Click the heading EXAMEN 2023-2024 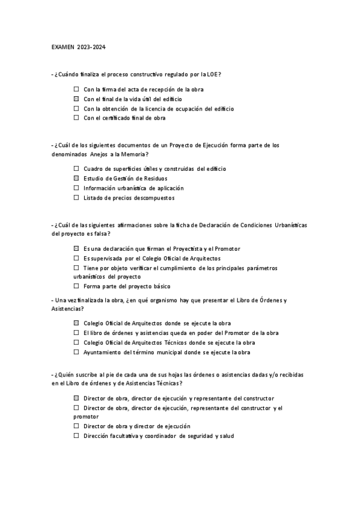pyautogui.click(x=78, y=46)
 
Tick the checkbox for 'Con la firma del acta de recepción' pyautogui.click(x=76, y=89)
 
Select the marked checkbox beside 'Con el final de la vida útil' pyautogui.click(x=76, y=99)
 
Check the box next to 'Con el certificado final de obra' pyautogui.click(x=76, y=118)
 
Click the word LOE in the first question pyautogui.click(x=212, y=74)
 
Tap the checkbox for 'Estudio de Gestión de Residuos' pyautogui.click(x=76, y=179)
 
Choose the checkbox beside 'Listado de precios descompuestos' pyautogui.click(x=76, y=197)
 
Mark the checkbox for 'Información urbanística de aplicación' pyautogui.click(x=76, y=188)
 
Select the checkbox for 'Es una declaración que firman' pyautogui.click(x=76, y=248)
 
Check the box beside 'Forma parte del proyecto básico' pyautogui.click(x=76, y=286)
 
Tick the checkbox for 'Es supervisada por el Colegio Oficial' pyautogui.click(x=76, y=257)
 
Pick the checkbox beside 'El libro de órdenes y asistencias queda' pyautogui.click(x=76, y=333)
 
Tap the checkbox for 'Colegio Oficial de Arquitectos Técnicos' pyautogui.click(x=76, y=342)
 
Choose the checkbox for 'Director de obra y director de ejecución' pyautogui.click(x=76, y=426)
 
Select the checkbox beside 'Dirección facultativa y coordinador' pyautogui.click(x=76, y=435)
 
